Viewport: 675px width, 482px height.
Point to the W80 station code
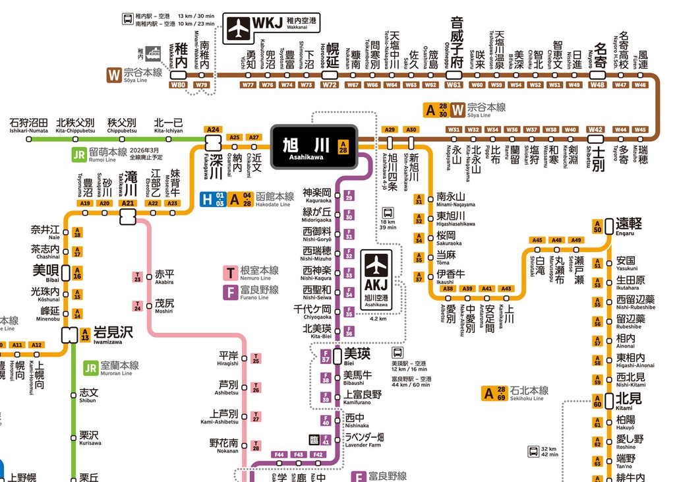point(179,85)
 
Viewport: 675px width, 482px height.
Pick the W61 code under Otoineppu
point(454,85)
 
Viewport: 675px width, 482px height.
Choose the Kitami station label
point(628,400)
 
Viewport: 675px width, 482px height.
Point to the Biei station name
point(357,355)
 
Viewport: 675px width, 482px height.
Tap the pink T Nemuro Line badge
point(231,272)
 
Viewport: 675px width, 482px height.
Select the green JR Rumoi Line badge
point(79,154)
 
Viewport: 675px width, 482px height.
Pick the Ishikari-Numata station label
point(28,125)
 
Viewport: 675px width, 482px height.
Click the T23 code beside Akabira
point(138,278)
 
